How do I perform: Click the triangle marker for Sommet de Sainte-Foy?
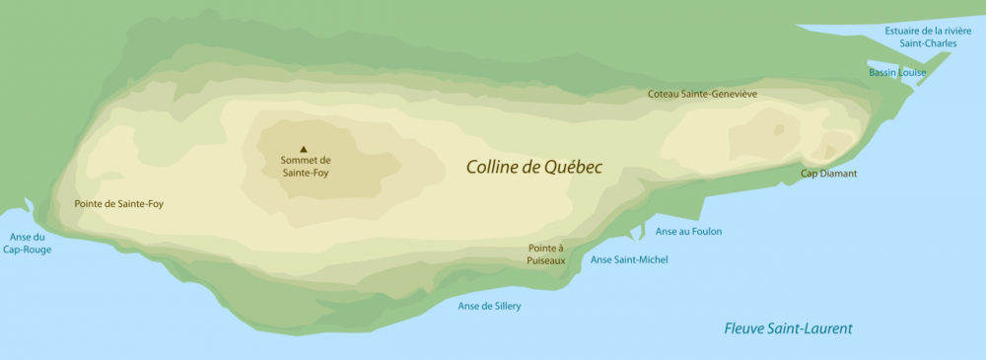(305, 149)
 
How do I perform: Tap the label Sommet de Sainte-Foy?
(306, 166)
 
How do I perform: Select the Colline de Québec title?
(533, 167)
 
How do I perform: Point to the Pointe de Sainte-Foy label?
(119, 204)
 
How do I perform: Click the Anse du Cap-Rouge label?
(30, 243)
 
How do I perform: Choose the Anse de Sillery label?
(489, 306)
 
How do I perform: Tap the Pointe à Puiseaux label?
(546, 254)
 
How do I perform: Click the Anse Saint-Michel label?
(629, 259)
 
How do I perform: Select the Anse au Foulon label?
(688, 231)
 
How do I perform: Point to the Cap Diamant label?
(828, 174)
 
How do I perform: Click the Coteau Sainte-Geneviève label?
(702, 94)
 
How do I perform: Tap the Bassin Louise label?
(897, 72)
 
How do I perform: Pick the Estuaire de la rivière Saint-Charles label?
(928, 36)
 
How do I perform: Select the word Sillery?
(505, 306)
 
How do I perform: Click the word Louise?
(911, 72)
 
